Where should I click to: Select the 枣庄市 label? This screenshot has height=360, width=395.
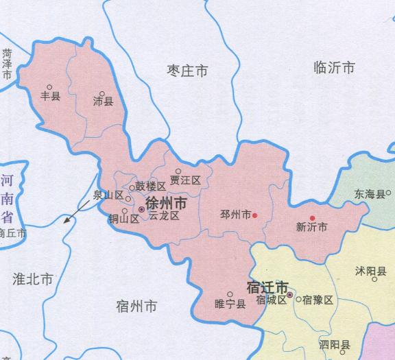click(x=187, y=70)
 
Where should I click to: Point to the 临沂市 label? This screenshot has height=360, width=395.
click(x=333, y=68)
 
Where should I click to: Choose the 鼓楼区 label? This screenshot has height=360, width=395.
click(x=150, y=187)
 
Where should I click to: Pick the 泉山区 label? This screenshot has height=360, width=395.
click(x=108, y=195)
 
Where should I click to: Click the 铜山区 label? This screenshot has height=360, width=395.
click(x=123, y=219)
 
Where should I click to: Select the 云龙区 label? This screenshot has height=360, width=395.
click(x=164, y=215)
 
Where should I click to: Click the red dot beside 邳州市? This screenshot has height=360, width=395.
click(x=254, y=215)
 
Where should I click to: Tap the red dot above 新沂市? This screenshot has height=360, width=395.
click(x=312, y=218)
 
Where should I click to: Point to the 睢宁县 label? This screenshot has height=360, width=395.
click(x=230, y=304)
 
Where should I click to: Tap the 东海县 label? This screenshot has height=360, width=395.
click(x=370, y=195)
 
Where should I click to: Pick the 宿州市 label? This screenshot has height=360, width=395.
click(x=137, y=305)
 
